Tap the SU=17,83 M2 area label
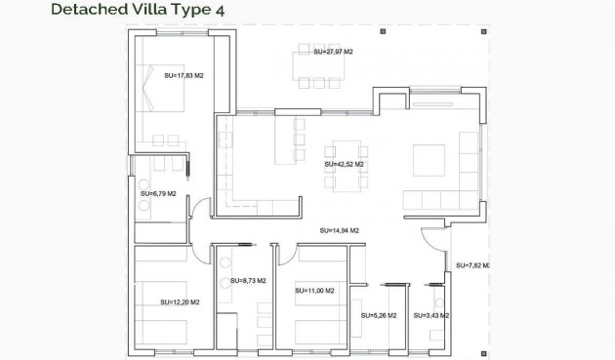[x=184, y=74]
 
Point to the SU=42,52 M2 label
[x=344, y=165]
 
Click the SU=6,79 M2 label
[x=157, y=193]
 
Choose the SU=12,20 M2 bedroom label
[x=180, y=301]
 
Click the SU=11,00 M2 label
[x=314, y=291]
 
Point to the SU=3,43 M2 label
[x=430, y=315]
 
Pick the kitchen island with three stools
[x=285, y=141]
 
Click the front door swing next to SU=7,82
[x=432, y=240]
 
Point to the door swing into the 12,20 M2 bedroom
[x=200, y=251]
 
